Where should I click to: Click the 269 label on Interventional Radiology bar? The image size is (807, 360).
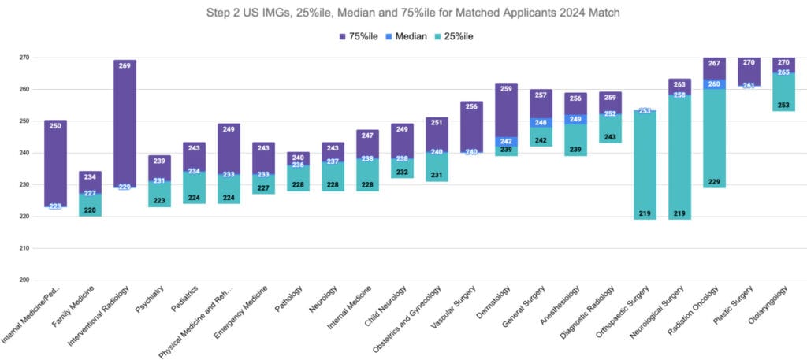pyautogui.click(x=125, y=66)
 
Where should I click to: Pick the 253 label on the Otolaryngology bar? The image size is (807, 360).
pyautogui.click(x=783, y=104)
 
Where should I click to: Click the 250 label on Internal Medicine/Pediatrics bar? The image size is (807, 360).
pyautogui.click(x=55, y=126)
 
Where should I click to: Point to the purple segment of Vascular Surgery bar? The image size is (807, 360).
pyautogui.click(x=471, y=126)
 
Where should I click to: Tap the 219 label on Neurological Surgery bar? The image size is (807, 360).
pyautogui.click(x=679, y=213)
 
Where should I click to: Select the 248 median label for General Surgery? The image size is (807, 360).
pyautogui.click(x=541, y=123)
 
